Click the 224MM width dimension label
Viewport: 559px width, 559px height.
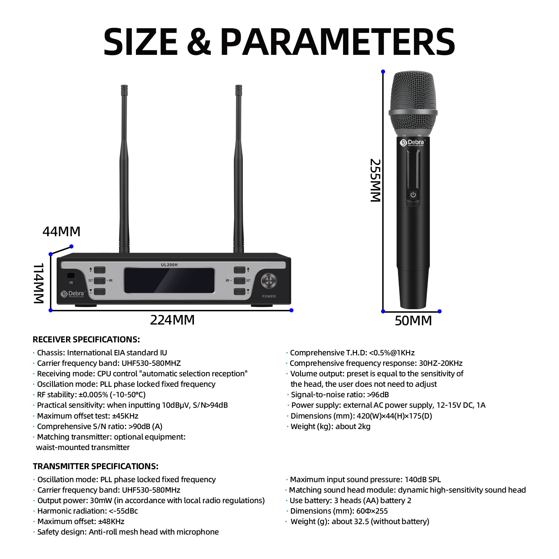click(172, 320)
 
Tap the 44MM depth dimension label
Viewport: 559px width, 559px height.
click(61, 232)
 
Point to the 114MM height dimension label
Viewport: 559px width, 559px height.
click(38, 283)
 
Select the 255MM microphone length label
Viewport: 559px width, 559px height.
click(375, 180)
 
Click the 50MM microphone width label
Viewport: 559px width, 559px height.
click(413, 321)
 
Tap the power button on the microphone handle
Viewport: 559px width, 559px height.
click(413, 195)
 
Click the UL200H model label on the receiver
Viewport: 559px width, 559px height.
click(169, 265)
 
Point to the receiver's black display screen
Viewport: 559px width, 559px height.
click(169, 281)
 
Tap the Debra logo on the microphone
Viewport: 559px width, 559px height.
click(413, 143)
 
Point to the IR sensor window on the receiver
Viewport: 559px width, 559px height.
click(71, 275)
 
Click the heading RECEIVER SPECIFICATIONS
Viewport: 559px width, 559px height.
click(86, 340)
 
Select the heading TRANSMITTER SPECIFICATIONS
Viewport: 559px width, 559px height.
click(96, 466)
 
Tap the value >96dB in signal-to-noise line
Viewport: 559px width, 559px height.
click(378, 395)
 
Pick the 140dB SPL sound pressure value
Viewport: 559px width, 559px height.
click(423, 480)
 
